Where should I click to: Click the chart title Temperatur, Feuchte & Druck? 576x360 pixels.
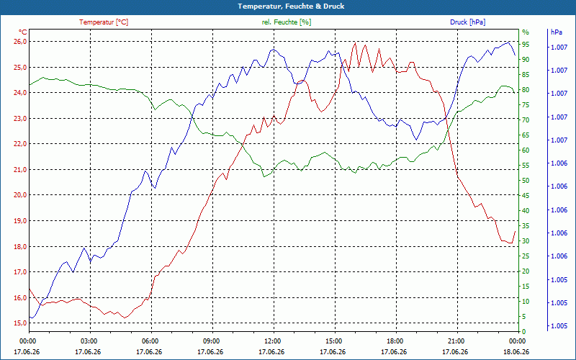pyautogui.click(x=291, y=6)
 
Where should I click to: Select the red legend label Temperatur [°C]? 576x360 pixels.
pyautogui.click(x=104, y=22)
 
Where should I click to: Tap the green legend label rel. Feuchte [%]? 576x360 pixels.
pyautogui.click(x=287, y=22)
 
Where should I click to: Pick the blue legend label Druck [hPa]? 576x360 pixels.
pyautogui.click(x=467, y=22)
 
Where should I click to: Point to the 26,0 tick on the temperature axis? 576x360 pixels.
pyautogui.click(x=20, y=42)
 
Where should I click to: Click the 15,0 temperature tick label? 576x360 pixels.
pyautogui.click(x=20, y=323)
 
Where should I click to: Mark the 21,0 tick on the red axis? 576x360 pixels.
pyautogui.click(x=20, y=170)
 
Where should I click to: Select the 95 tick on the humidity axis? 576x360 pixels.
pyautogui.click(x=526, y=45)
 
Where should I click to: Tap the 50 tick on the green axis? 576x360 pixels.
pyautogui.click(x=526, y=181)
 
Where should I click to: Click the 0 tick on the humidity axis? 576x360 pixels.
pyautogui.click(x=524, y=332)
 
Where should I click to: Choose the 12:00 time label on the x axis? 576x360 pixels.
pyautogui.click(x=273, y=341)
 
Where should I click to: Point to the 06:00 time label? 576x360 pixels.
pyautogui.click(x=150, y=341)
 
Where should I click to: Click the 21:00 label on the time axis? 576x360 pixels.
pyautogui.click(x=456, y=341)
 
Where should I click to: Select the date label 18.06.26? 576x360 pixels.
pyautogui.click(x=516, y=352)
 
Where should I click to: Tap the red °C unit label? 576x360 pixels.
pyautogui.click(x=23, y=32)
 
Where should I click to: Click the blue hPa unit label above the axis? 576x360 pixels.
pyautogui.click(x=556, y=32)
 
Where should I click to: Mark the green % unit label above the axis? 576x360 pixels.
pyautogui.click(x=526, y=32)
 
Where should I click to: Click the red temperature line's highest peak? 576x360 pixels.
pyautogui.click(x=355, y=42)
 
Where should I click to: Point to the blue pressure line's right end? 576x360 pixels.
pyautogui.click(x=515, y=55)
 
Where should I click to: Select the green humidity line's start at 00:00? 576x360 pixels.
pyautogui.click(x=30, y=85)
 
